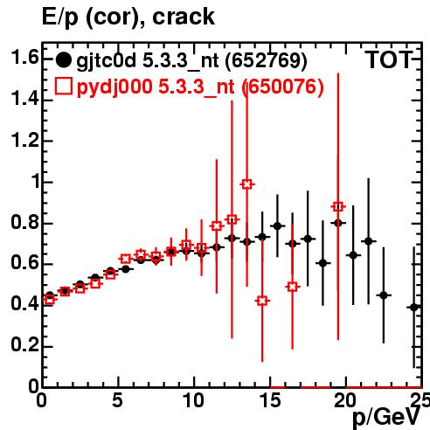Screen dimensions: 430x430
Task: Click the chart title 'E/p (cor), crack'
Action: (128, 17)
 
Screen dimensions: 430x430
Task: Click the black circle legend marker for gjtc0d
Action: (63, 60)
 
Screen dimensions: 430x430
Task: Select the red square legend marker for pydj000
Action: (63, 86)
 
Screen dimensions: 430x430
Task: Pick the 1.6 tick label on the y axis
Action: (24, 57)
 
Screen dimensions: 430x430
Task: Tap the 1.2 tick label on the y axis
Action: (24, 141)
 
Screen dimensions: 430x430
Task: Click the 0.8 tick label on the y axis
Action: (24, 222)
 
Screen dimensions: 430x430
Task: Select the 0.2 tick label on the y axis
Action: (24, 345)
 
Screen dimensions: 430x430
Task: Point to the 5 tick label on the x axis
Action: (117, 400)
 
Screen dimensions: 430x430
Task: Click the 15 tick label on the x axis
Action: (270, 400)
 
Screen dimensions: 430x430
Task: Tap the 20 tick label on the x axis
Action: (345, 400)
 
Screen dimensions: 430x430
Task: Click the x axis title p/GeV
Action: (387, 418)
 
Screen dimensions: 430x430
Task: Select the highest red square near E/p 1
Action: (246, 184)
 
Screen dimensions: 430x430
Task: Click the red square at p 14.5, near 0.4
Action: (262, 301)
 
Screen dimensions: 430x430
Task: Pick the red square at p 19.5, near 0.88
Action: (338, 206)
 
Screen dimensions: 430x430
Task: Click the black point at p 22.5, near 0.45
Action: (384, 295)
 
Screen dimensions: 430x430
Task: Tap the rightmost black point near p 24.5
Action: (414, 308)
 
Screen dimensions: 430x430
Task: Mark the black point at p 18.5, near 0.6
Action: (322, 263)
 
